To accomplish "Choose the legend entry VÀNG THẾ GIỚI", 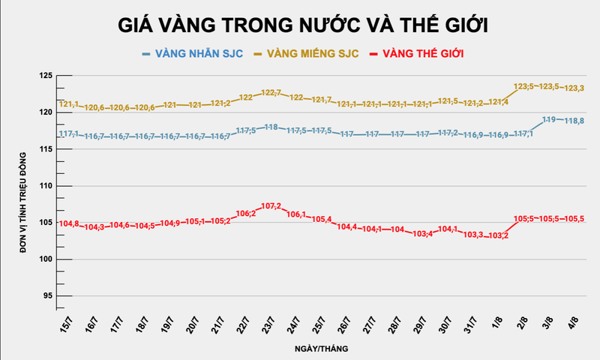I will [x=420, y=54].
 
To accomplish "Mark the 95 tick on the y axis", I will [x=47, y=296].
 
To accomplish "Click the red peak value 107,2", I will [x=271, y=206].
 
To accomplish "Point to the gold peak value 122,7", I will [x=271, y=93].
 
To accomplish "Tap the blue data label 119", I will [x=548, y=120].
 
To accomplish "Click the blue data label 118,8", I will [x=574, y=121].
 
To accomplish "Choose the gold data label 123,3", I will [x=574, y=88].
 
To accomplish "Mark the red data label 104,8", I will [x=69, y=223].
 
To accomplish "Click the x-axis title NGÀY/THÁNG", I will [x=320, y=349].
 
